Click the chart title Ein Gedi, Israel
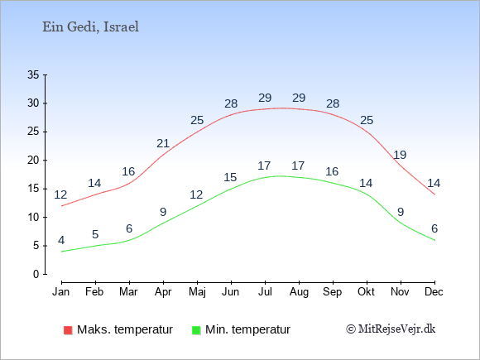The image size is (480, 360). tap(90, 27)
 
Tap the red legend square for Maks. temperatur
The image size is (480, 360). tap(68, 330)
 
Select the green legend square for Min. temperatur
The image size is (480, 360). tap(196, 330)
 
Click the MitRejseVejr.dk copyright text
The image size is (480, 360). tap(391, 329)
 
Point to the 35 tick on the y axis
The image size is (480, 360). tap(33, 74)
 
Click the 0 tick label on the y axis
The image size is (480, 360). tap(36, 274)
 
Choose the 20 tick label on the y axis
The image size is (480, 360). tap(33, 160)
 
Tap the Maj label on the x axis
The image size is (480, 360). tap(197, 292)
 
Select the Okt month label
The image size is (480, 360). tap(367, 292)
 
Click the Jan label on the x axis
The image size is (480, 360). tap(61, 292)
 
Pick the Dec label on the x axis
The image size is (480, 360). tap(434, 292)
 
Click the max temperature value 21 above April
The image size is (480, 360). tap(163, 143)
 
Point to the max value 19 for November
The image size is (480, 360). tap(400, 155)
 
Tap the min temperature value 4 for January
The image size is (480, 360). tap(61, 240)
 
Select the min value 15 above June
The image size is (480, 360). tap(230, 177)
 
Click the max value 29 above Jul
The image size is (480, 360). tap(265, 98)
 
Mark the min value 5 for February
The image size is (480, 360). tap(95, 234)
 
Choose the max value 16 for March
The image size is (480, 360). tap(128, 171)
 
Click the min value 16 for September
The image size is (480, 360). tap(332, 171)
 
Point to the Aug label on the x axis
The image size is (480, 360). tap(299, 292)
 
